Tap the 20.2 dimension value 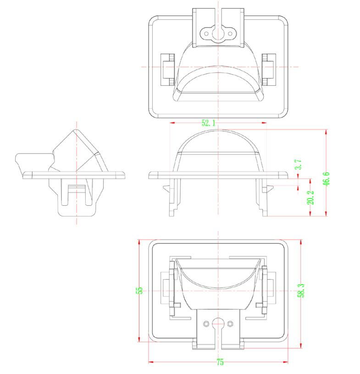(x=310, y=198)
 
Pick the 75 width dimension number (x=220, y=363)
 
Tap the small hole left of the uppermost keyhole (x=206, y=33)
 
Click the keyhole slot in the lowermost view (x=218, y=324)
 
